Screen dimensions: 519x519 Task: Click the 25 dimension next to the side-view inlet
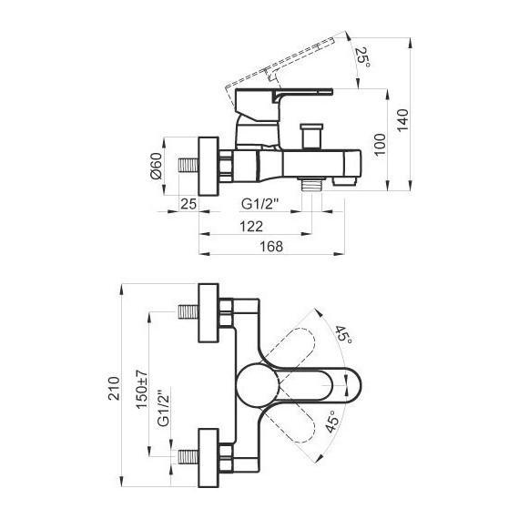(189, 202)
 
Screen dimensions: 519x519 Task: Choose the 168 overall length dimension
(271, 247)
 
